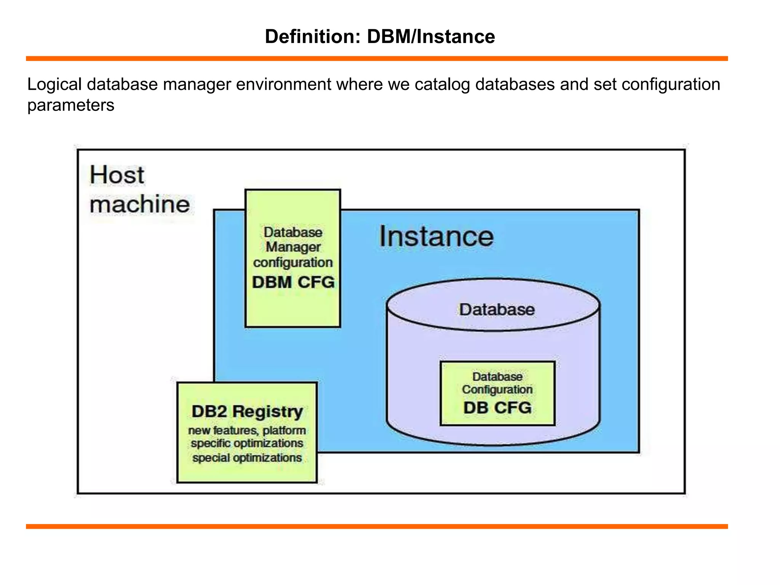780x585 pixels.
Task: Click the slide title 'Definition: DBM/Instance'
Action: (x=380, y=37)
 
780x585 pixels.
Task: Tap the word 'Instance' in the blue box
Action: (x=436, y=237)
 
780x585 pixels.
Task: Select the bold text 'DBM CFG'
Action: (x=293, y=282)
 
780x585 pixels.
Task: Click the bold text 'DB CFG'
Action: (x=497, y=408)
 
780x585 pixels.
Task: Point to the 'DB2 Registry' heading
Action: (x=247, y=411)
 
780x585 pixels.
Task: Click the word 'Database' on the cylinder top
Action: (x=497, y=309)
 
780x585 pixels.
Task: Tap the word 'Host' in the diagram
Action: (x=117, y=175)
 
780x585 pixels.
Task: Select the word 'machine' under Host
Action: (x=139, y=205)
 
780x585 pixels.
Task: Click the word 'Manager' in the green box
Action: (x=293, y=247)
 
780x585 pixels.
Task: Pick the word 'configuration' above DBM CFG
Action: (x=293, y=262)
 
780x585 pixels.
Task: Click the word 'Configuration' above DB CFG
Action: (x=497, y=390)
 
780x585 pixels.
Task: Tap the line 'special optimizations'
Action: (x=247, y=457)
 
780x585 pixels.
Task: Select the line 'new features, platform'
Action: (x=247, y=430)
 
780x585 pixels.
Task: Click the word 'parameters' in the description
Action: (x=71, y=105)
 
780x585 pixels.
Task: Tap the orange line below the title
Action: (x=377, y=59)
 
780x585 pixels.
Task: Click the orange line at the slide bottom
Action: (x=377, y=526)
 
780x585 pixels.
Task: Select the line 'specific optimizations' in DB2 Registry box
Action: (x=247, y=444)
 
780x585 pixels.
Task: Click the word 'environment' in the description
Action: (x=283, y=84)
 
